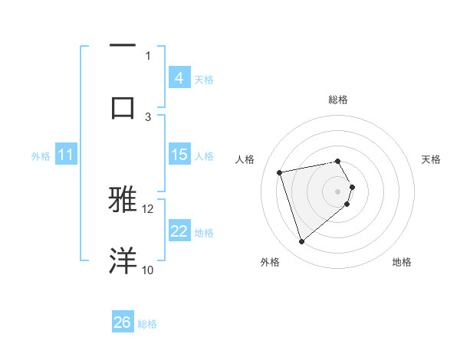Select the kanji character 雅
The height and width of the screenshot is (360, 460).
click(x=123, y=199)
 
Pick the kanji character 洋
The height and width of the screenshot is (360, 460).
click(x=123, y=260)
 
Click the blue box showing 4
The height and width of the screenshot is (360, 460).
click(x=179, y=78)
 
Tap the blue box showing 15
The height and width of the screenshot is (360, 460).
click(x=179, y=155)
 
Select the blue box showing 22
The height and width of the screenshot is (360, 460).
click(x=179, y=231)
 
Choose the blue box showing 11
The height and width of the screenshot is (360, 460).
click(x=65, y=155)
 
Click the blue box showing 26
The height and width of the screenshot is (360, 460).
click(x=123, y=322)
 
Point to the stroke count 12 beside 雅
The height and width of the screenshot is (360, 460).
click(x=148, y=208)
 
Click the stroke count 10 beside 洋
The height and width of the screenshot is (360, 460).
click(x=147, y=270)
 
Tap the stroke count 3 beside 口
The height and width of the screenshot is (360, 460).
click(x=149, y=116)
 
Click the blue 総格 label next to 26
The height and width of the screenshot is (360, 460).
click(x=147, y=324)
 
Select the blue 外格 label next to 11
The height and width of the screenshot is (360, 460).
click(x=41, y=156)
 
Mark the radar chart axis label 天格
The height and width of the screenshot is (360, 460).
click(x=431, y=159)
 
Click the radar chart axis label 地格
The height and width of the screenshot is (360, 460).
click(x=402, y=262)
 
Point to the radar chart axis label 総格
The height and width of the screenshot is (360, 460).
click(x=338, y=100)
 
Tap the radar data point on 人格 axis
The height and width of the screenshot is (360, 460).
click(x=280, y=172)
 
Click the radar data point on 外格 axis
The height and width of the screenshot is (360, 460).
click(x=301, y=242)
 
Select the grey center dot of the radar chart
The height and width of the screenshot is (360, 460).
click(x=338, y=190)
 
